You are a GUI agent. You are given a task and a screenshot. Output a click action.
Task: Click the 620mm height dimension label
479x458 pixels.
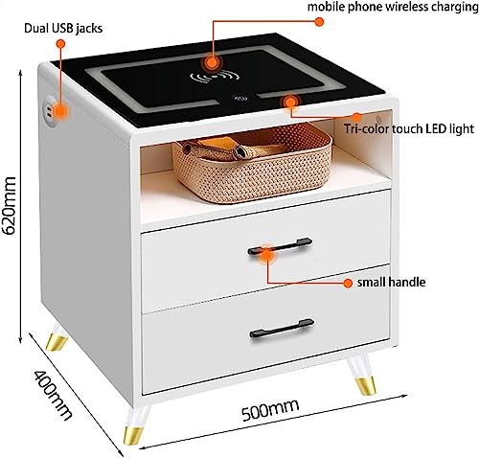point(9,205)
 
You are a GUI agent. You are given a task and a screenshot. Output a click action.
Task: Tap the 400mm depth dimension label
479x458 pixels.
point(53,396)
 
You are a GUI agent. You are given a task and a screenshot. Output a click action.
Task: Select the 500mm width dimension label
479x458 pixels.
point(270,410)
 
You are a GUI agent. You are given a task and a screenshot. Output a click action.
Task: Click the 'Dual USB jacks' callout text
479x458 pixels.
point(63,28)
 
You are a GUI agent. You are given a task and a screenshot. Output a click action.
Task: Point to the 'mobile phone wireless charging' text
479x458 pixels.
point(393,7)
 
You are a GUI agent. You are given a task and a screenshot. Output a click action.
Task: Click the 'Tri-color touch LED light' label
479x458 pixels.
point(409,128)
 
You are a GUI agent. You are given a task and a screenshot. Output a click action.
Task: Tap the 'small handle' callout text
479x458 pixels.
point(391,283)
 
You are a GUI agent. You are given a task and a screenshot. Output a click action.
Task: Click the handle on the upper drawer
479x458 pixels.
point(280,245)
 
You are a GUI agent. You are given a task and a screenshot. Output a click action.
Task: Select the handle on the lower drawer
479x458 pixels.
point(282,329)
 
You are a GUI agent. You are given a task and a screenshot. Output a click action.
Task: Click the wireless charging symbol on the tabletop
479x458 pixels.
point(215,78)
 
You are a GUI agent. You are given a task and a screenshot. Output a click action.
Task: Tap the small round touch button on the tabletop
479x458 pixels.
point(240,99)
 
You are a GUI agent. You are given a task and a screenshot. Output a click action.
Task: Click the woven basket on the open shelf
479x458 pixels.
point(252,163)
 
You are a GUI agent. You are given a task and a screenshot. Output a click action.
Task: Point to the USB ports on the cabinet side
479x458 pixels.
point(49,108)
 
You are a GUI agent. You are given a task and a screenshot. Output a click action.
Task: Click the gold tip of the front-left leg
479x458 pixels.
point(133,434)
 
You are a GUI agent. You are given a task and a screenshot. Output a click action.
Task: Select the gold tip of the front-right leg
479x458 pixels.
point(365,386)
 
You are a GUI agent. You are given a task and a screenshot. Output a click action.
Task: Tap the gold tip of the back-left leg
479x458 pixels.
point(57,343)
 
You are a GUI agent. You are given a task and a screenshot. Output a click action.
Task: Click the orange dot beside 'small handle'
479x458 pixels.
point(348,283)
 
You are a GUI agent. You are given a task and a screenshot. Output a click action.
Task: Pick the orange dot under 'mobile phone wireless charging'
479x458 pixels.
point(319,21)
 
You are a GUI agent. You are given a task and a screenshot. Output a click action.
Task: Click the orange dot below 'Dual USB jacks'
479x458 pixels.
point(60,43)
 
